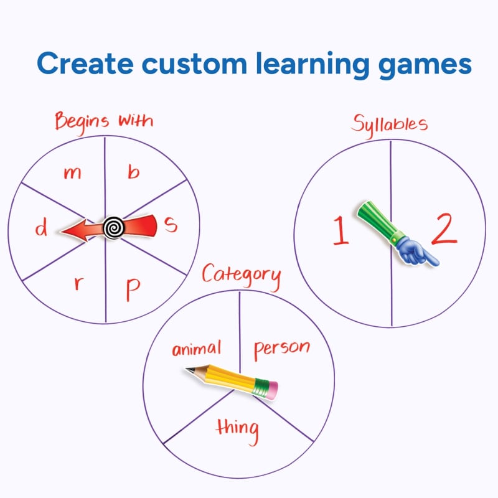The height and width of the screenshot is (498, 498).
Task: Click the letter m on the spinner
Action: (72, 174)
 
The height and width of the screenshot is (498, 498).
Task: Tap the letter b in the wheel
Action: (134, 172)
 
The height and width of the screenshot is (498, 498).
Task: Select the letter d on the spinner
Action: (41, 228)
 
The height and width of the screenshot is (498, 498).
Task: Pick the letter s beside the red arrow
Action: (171, 225)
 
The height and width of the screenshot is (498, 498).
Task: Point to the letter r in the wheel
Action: (79, 283)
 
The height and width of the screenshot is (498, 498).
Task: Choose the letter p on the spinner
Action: (133, 289)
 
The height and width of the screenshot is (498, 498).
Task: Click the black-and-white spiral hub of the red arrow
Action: (113, 227)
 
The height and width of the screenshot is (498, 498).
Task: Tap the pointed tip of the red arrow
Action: (60, 231)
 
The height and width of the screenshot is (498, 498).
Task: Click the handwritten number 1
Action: (340, 230)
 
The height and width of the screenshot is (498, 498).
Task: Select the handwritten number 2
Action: (444, 228)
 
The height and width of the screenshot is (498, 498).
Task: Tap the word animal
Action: (196, 349)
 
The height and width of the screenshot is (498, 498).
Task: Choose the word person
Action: (282, 349)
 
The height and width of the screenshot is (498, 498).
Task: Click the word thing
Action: (237, 431)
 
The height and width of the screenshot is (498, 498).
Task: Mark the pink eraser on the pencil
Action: (271, 390)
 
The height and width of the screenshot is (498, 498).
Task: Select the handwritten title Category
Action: (242, 276)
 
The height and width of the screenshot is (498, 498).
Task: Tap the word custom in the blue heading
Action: (194, 63)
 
